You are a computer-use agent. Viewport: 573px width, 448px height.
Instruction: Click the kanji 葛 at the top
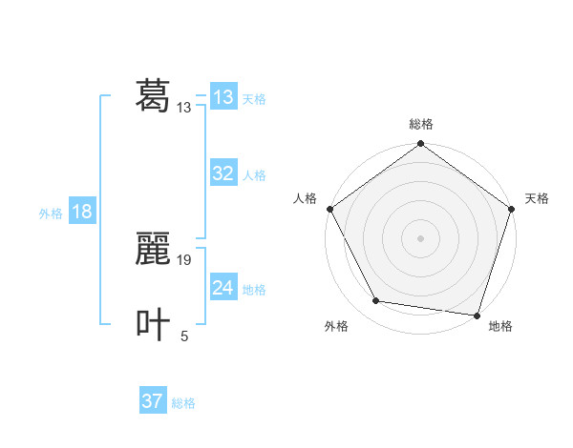pyautogui.click(x=153, y=96)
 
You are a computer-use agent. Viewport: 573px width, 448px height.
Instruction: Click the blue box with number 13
pyautogui.click(x=223, y=97)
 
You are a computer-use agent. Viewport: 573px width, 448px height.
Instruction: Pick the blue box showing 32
pyautogui.click(x=223, y=173)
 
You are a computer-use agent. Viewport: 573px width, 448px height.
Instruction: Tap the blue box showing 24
pyautogui.click(x=223, y=288)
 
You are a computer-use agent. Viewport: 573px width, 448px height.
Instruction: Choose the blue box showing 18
pyautogui.click(x=81, y=212)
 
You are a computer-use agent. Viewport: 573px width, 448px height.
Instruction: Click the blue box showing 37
pyautogui.click(x=152, y=401)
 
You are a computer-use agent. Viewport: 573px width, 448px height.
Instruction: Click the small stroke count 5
pyautogui.click(x=184, y=336)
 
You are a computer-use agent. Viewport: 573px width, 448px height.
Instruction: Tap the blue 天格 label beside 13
pyautogui.click(x=254, y=99)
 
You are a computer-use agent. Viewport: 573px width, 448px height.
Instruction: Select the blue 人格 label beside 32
pyautogui.click(x=254, y=175)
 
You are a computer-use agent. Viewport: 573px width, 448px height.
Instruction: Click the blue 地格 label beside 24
pyautogui.click(x=254, y=290)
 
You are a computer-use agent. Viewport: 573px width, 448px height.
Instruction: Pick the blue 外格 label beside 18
pyautogui.click(x=51, y=214)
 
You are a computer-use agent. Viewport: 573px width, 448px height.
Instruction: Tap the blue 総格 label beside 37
pyautogui.click(x=183, y=403)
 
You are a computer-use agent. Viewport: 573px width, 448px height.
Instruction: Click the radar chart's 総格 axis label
pyautogui.click(x=420, y=124)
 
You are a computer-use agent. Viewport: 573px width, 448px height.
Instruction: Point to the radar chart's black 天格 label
pyautogui.click(x=537, y=198)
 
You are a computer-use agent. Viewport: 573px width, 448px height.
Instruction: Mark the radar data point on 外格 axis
pyautogui.click(x=376, y=301)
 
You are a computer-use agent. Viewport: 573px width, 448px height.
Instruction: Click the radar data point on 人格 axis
pyautogui.click(x=329, y=209)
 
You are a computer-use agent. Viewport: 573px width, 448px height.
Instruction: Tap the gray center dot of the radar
pyautogui.click(x=420, y=237)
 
